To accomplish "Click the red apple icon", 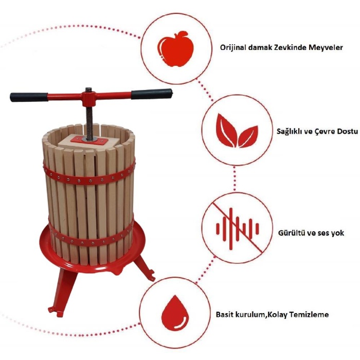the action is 175,49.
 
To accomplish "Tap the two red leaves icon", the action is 237,131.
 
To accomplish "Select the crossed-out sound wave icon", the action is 238,228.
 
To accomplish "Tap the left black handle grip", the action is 29,97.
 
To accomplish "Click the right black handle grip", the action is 152,94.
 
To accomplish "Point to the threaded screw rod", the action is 89,123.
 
